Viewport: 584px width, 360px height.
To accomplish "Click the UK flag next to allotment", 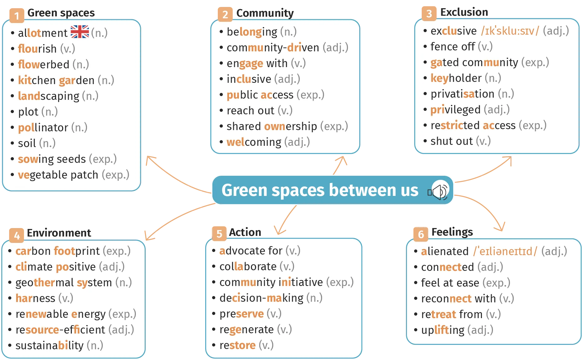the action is click(x=80, y=32).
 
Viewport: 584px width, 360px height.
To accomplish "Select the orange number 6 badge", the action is click(x=421, y=234).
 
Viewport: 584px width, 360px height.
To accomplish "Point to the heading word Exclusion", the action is click(x=464, y=12).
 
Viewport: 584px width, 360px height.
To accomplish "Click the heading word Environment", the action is click(x=59, y=233).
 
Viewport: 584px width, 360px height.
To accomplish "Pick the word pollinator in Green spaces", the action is click(x=43, y=128).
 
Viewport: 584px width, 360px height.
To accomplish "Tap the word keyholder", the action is click(x=456, y=78).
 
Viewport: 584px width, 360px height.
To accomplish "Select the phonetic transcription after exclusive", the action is click(x=510, y=31).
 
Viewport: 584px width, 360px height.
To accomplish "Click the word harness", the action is click(x=35, y=298).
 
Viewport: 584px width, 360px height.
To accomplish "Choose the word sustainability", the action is click(x=49, y=346).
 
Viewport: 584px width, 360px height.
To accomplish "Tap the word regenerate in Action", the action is click(x=246, y=329).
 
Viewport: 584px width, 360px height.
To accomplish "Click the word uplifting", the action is click(x=443, y=330).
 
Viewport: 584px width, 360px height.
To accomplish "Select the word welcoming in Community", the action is click(x=254, y=142).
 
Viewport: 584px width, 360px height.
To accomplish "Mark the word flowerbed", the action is click(x=43, y=65).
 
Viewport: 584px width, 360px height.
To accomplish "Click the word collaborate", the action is click(x=248, y=266).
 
